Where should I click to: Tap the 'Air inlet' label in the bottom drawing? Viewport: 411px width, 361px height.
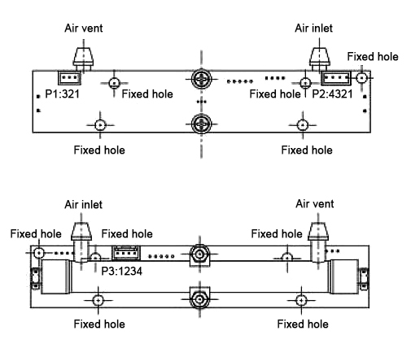82,204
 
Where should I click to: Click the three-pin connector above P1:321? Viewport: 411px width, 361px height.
69,79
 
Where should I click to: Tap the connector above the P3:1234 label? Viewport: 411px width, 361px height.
125,254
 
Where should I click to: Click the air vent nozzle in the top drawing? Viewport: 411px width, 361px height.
84,58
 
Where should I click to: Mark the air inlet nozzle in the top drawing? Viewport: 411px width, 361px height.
318,58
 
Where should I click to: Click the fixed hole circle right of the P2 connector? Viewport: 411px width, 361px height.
362,78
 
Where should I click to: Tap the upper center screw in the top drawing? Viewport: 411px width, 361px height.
200,80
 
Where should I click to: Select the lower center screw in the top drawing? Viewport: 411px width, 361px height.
200,124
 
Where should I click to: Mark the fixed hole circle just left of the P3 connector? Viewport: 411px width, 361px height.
96,258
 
